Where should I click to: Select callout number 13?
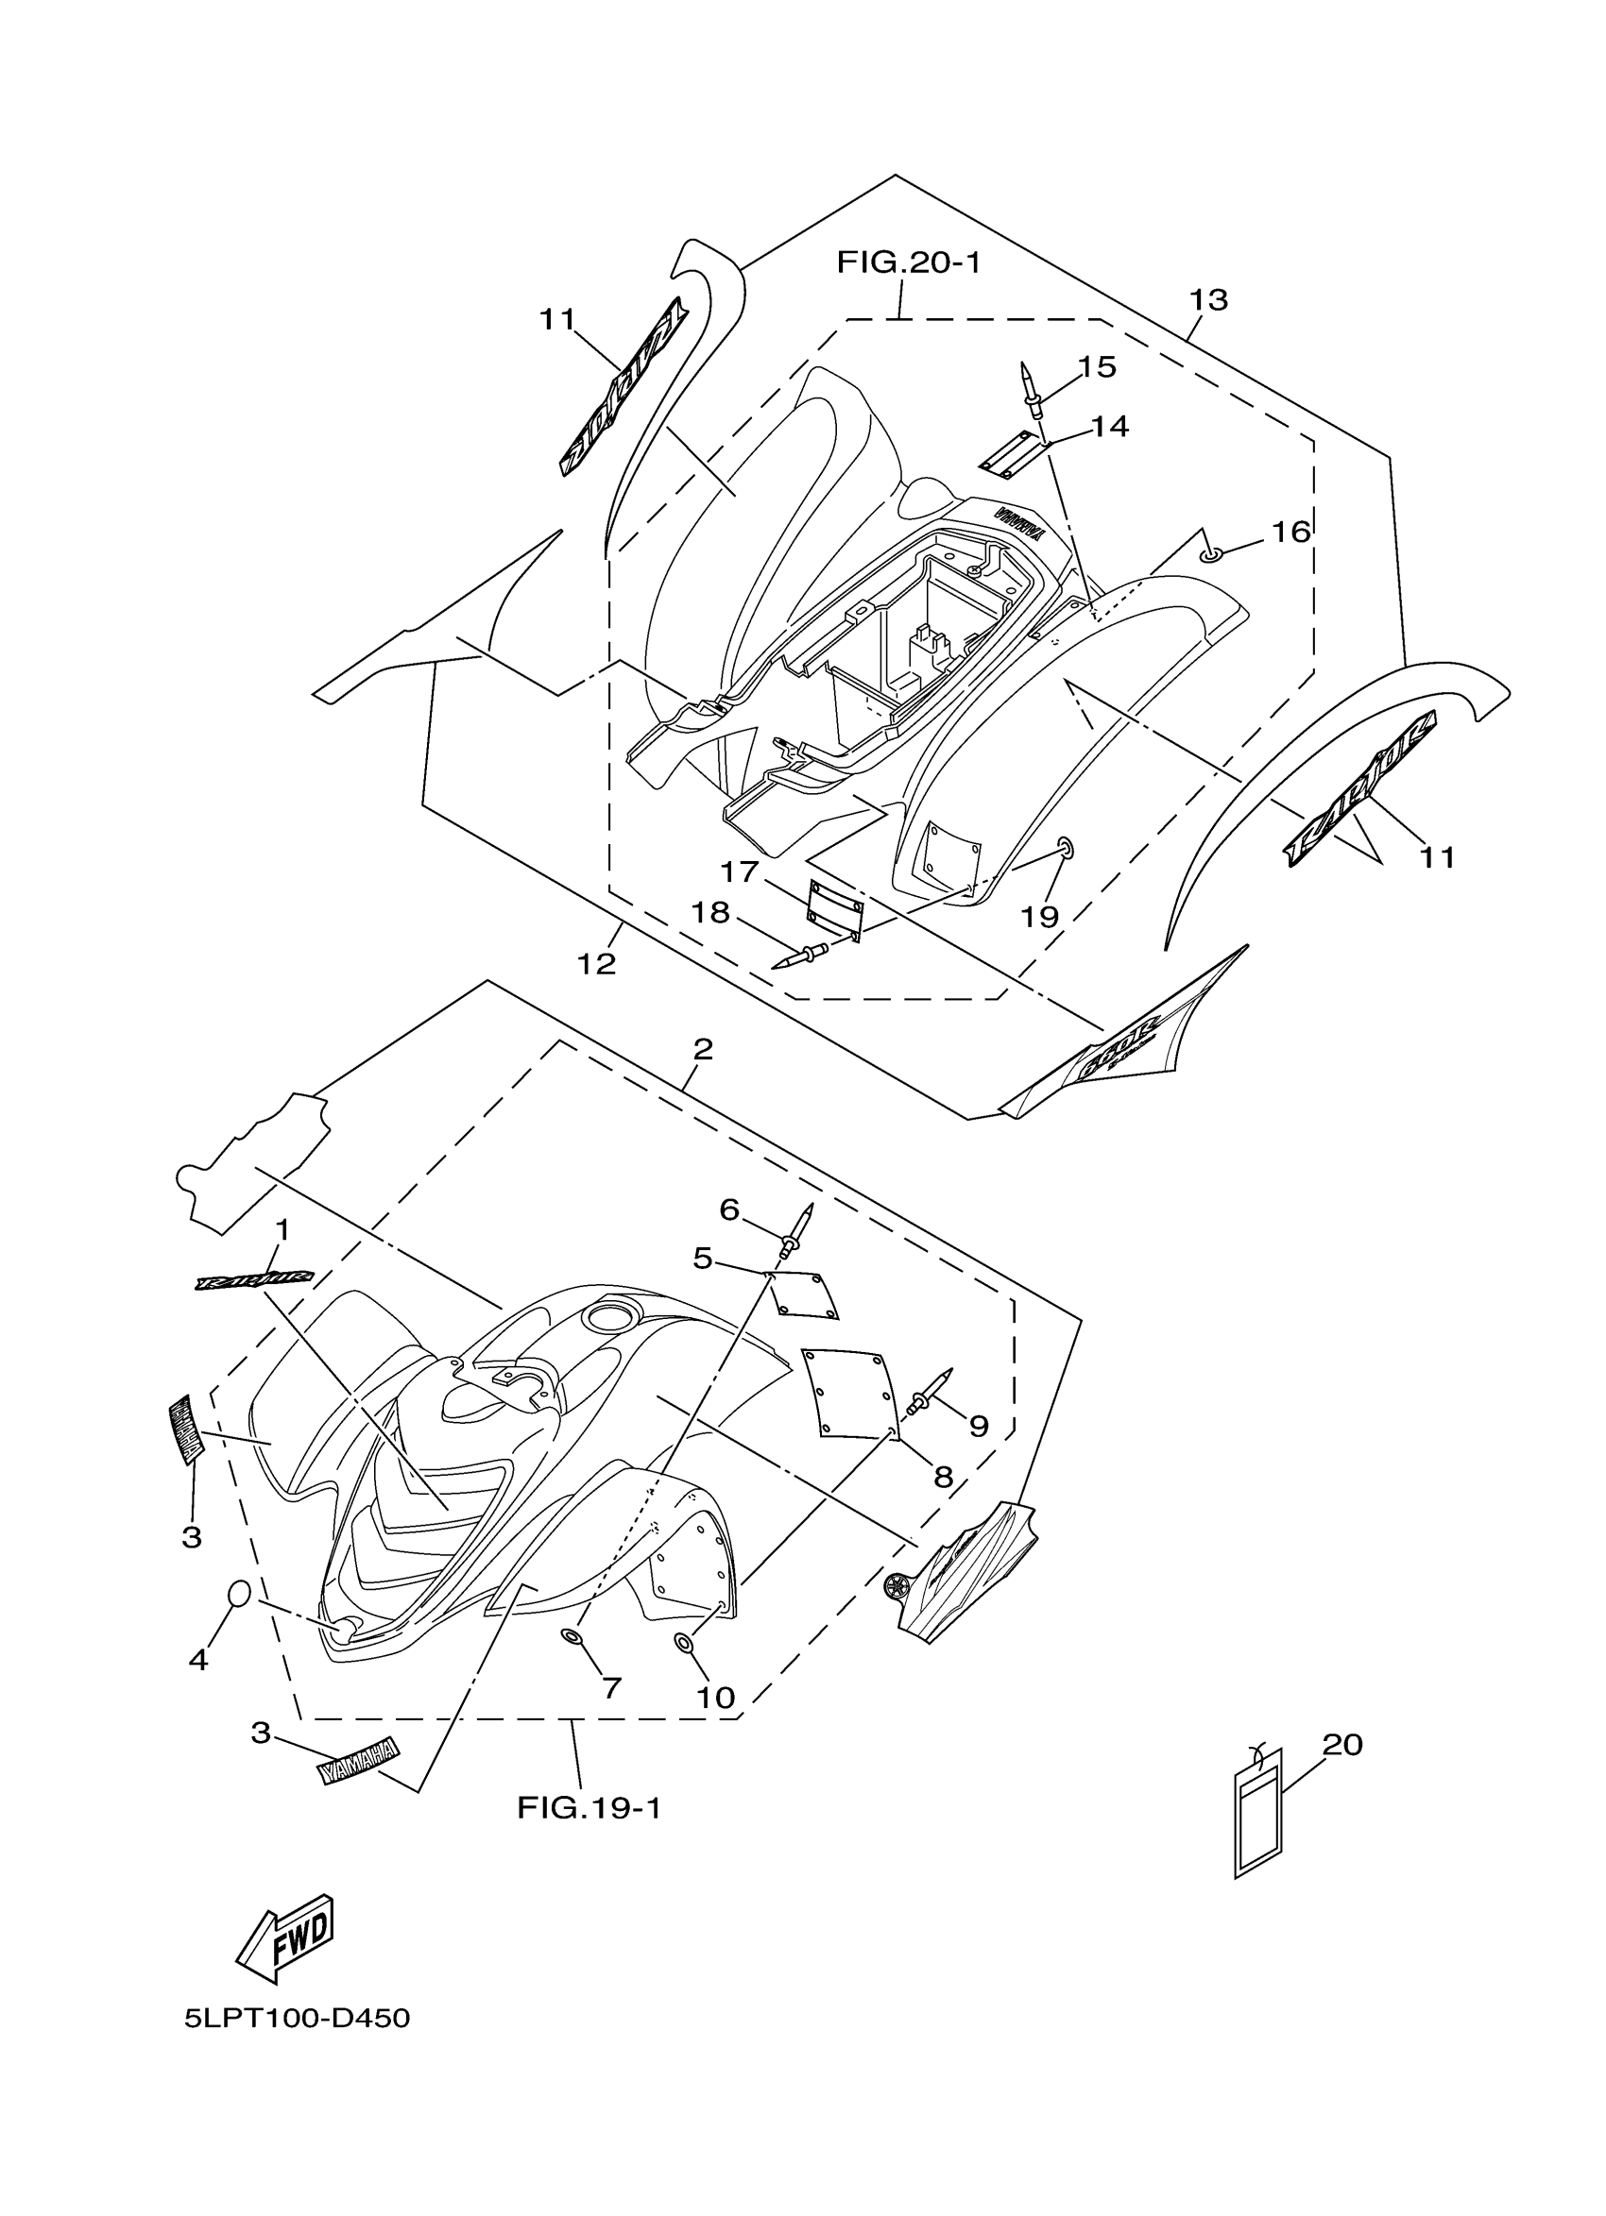click(x=1208, y=300)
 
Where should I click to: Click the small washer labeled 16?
click(x=1210, y=556)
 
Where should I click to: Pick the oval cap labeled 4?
click(x=239, y=1594)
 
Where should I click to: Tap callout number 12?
click(x=596, y=964)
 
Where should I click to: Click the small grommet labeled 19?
click(x=1065, y=847)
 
